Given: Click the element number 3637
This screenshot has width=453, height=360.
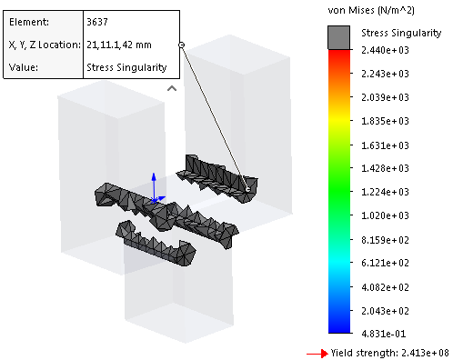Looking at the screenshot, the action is [x=97, y=22].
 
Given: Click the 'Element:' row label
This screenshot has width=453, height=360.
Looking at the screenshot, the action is [x=29, y=22].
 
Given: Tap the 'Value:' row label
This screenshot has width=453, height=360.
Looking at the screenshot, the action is [x=24, y=67].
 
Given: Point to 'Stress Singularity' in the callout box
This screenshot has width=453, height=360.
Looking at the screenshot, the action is [x=126, y=67].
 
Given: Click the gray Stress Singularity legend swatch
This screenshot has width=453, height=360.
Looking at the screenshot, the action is [x=338, y=37].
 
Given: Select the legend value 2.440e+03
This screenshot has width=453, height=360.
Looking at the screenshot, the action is [x=385, y=50].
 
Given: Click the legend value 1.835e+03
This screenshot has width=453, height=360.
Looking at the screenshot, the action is [x=385, y=121].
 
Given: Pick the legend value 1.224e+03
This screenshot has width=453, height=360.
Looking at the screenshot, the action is [x=385, y=192].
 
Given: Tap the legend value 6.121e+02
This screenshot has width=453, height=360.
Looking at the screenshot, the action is [x=385, y=263].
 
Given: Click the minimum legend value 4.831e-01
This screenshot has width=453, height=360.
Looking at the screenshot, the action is [x=384, y=334].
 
